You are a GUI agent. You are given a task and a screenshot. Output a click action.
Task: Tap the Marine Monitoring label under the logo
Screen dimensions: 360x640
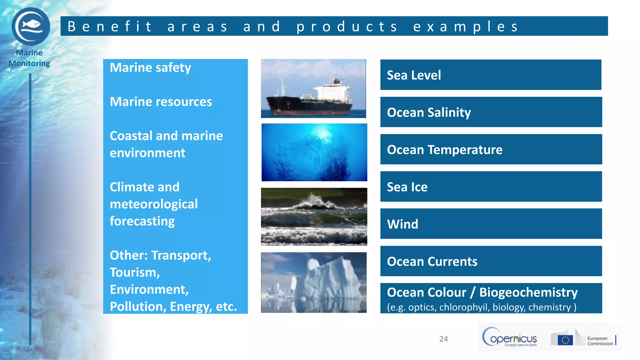pyautogui.click(x=29, y=58)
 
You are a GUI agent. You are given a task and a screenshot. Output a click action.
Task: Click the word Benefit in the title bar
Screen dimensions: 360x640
pyautogui.click(x=110, y=27)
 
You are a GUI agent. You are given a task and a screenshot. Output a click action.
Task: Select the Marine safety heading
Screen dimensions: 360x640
pyautogui.click(x=150, y=67)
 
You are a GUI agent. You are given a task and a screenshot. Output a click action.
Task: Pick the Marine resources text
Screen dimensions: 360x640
pyautogui.click(x=161, y=102)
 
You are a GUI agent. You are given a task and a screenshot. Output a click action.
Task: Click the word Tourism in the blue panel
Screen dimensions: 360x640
pyautogui.click(x=135, y=272)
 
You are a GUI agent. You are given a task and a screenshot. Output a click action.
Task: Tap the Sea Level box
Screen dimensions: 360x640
pyautogui.click(x=491, y=75)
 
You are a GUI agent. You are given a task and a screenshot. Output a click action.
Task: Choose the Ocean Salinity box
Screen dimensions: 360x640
pyautogui.click(x=491, y=112)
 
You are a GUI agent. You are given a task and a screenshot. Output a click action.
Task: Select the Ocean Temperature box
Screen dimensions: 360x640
pyautogui.click(x=491, y=149)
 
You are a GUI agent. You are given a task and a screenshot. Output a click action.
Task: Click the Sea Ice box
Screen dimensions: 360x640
pyautogui.click(x=491, y=187)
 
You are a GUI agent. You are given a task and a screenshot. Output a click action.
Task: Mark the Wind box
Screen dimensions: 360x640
pyautogui.click(x=491, y=224)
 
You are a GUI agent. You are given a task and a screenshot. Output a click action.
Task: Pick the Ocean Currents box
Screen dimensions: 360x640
pyautogui.click(x=491, y=261)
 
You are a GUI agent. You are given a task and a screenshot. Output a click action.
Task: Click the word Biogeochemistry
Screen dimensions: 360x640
pyautogui.click(x=528, y=292)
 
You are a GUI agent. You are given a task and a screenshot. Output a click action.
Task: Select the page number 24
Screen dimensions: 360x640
pyautogui.click(x=443, y=339)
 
